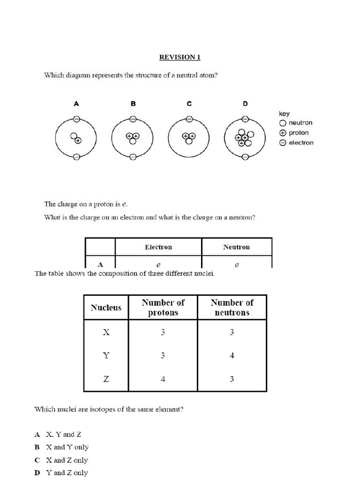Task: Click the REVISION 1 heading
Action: (180, 57)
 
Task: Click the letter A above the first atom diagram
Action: (76, 104)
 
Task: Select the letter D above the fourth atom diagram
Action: (245, 104)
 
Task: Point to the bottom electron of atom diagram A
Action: (76, 157)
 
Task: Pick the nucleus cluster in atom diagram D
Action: (244, 138)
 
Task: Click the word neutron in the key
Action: (300, 123)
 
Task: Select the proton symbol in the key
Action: (282, 133)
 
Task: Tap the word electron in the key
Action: (301, 142)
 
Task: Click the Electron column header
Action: (158, 247)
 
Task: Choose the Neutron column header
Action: (236, 247)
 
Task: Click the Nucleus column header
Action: (106, 307)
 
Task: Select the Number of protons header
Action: (163, 307)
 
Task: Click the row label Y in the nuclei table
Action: (106, 355)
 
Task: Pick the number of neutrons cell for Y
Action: (232, 355)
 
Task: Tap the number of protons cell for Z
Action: (163, 379)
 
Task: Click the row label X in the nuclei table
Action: (106, 332)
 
